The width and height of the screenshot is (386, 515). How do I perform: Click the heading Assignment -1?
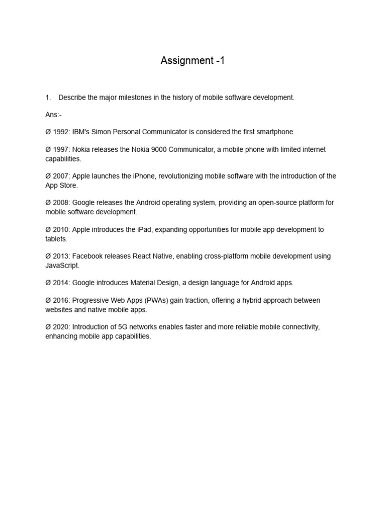coord(192,61)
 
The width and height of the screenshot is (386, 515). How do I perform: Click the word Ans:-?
coord(53,115)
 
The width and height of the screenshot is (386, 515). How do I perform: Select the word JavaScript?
coord(62,265)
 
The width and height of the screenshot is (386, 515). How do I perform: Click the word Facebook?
coord(88,256)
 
